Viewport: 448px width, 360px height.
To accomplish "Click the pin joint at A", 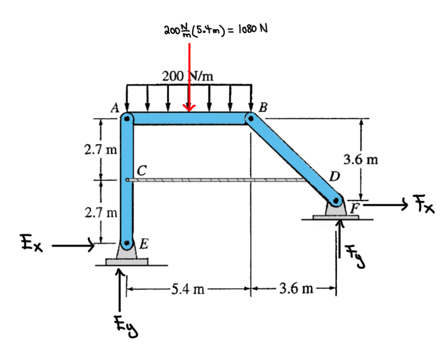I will pyautogui.click(x=127, y=118).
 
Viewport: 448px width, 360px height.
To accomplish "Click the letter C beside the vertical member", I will pyautogui.click(x=142, y=169).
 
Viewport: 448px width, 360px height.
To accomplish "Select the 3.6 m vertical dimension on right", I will pyautogui.click(x=360, y=160).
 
